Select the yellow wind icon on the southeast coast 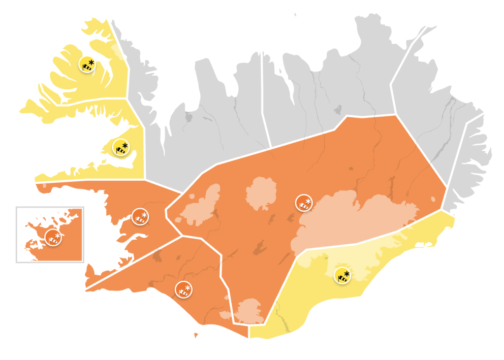[343, 276]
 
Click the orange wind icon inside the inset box [53, 237]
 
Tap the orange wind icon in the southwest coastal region [183, 290]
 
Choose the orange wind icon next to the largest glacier [304, 203]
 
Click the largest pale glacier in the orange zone [356, 218]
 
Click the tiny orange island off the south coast [196, 335]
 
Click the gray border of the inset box [16, 234]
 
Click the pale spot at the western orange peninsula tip [45, 186]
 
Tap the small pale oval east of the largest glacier [433, 199]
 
